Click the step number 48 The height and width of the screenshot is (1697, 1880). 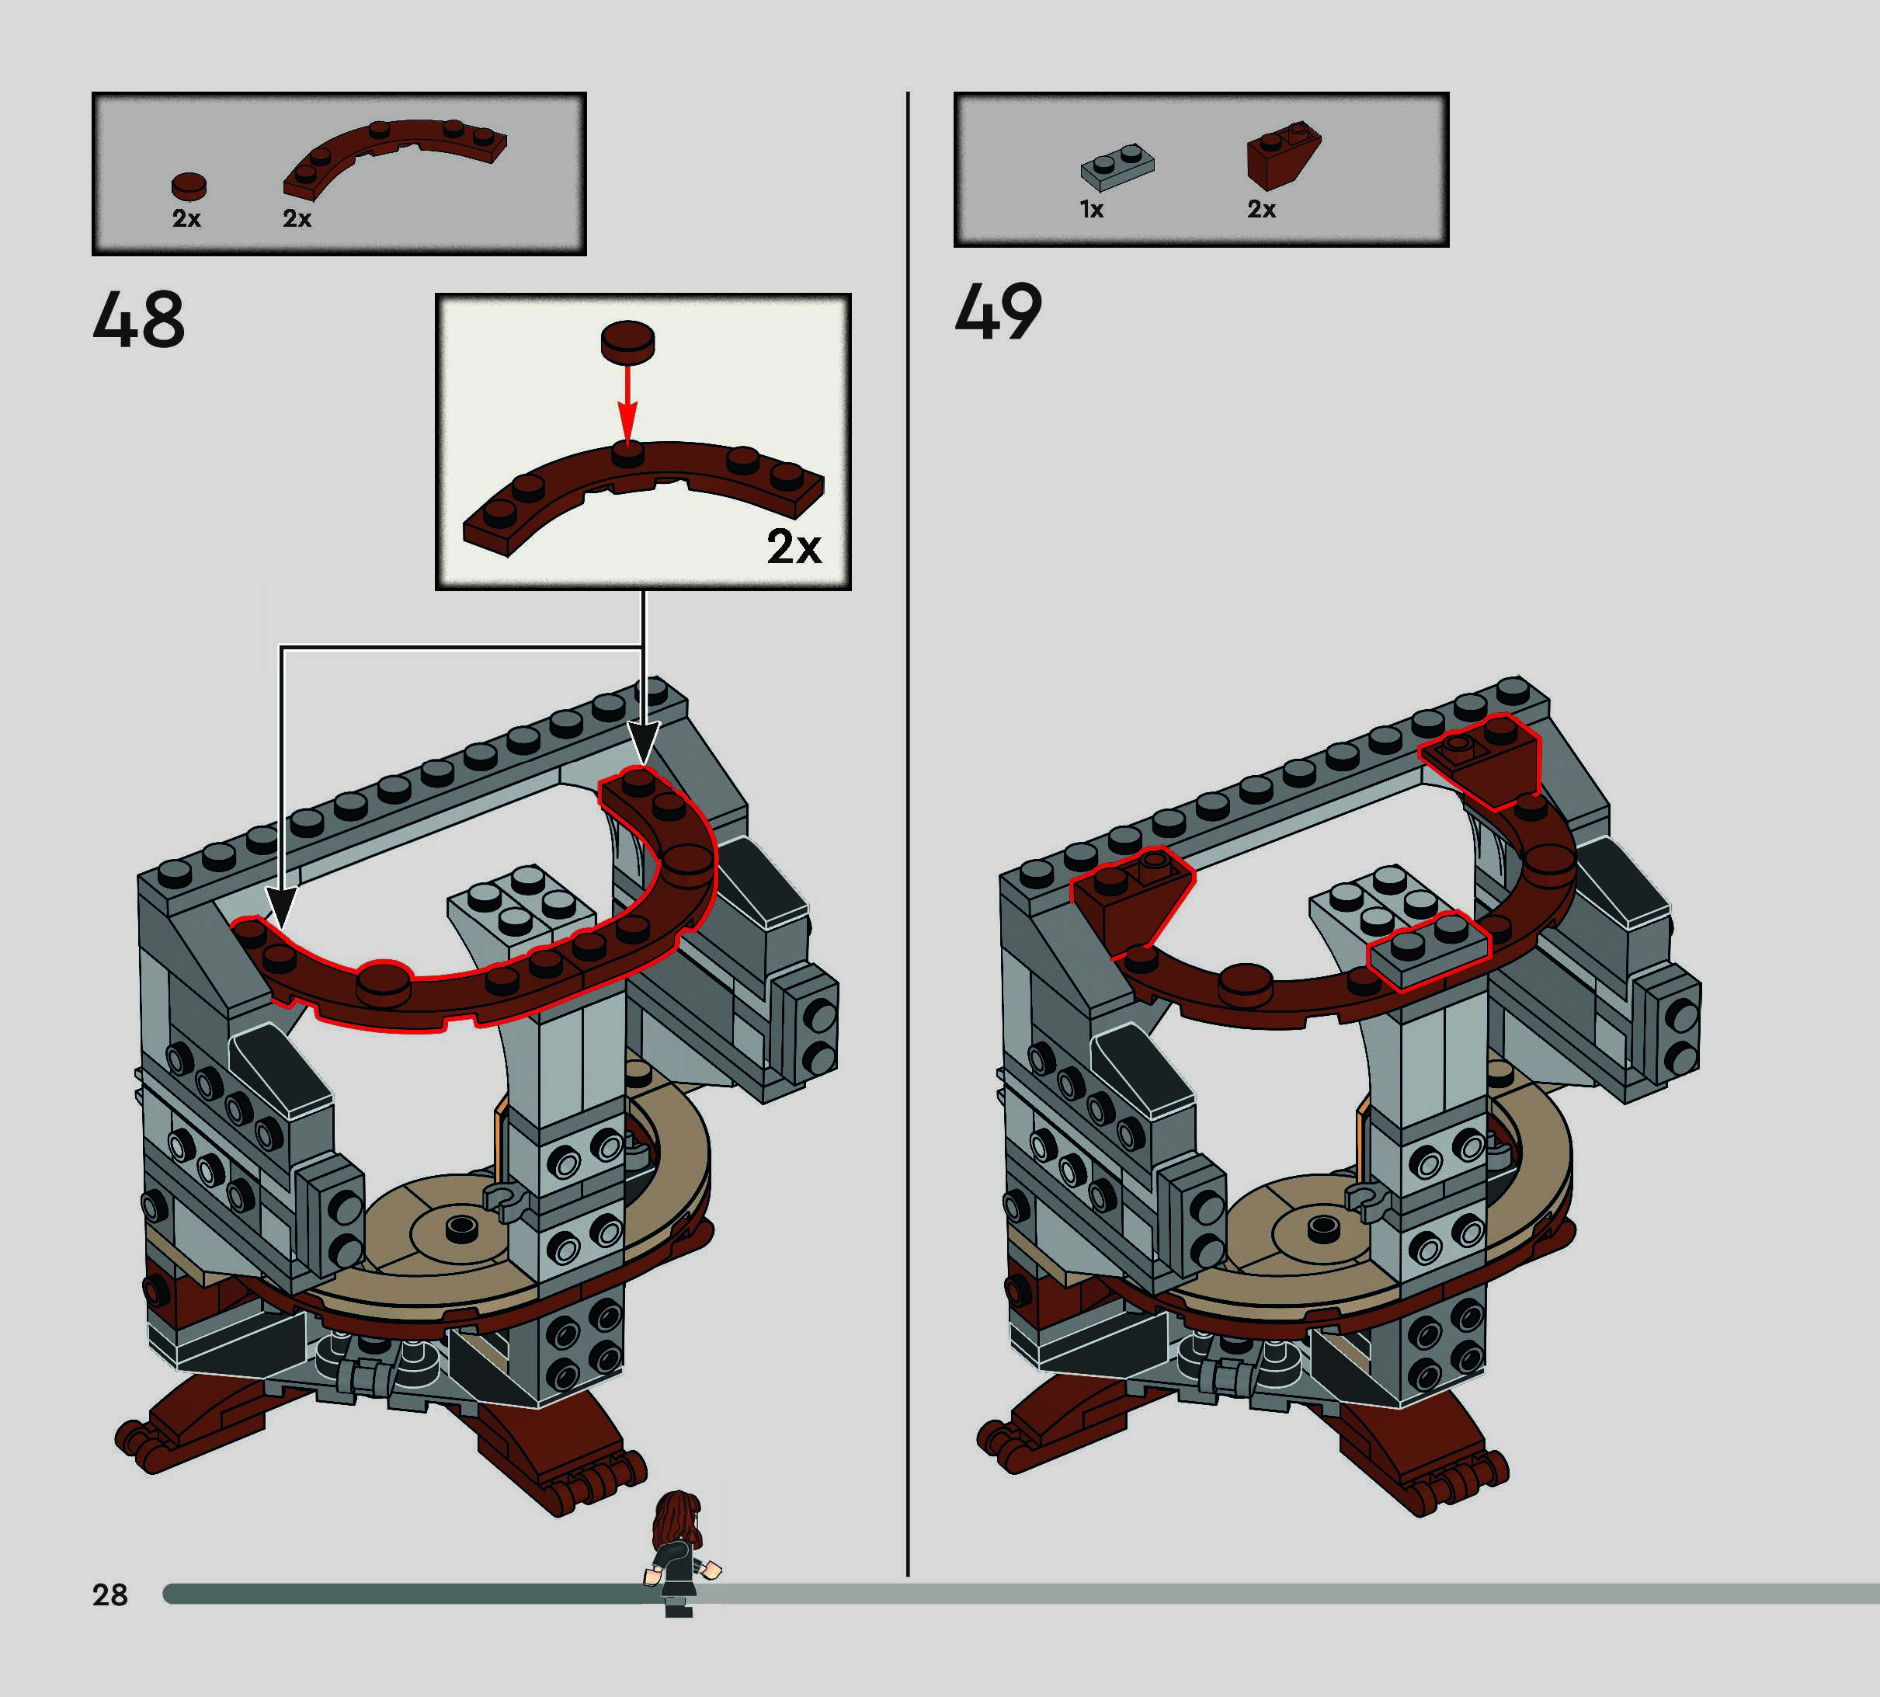tap(139, 319)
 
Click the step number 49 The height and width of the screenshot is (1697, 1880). tap(999, 311)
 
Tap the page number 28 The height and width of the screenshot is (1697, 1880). tap(110, 1594)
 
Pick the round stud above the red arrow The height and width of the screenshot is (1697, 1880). tap(627, 341)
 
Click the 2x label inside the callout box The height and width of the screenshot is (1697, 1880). tap(793, 548)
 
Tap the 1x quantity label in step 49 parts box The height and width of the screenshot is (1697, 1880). tap(1092, 210)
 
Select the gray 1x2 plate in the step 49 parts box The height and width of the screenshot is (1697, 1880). tap(1117, 166)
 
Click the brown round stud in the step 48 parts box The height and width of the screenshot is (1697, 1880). tap(189, 186)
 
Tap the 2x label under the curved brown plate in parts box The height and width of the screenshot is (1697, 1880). tap(297, 218)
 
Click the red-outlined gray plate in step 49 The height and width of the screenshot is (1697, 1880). tap(1427, 949)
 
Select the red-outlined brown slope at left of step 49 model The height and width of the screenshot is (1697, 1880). tap(1130, 898)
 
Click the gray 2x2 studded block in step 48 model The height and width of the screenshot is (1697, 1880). tap(521, 901)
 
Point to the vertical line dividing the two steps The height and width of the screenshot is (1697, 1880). tap(907, 839)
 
